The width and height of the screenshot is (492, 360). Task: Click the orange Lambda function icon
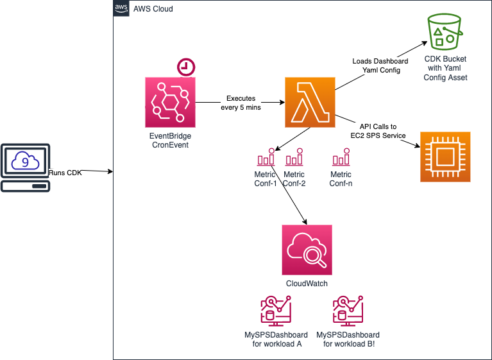(x=310, y=102)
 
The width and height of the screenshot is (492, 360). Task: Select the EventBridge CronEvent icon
(x=170, y=102)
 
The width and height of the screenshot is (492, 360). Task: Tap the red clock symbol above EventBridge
(x=186, y=67)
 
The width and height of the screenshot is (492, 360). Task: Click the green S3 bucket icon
(x=445, y=30)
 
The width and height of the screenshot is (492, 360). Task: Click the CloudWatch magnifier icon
(x=307, y=250)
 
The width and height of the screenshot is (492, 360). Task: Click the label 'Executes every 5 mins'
(x=240, y=103)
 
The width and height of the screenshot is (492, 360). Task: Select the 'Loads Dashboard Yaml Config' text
(x=380, y=65)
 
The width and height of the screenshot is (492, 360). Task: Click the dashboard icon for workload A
(x=276, y=313)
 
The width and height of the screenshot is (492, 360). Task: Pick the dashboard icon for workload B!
(x=348, y=313)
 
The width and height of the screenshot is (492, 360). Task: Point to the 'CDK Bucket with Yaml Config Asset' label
(x=445, y=68)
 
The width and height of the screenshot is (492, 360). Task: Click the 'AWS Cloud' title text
(x=153, y=9)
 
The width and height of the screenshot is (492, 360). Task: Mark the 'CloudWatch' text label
(x=307, y=283)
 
